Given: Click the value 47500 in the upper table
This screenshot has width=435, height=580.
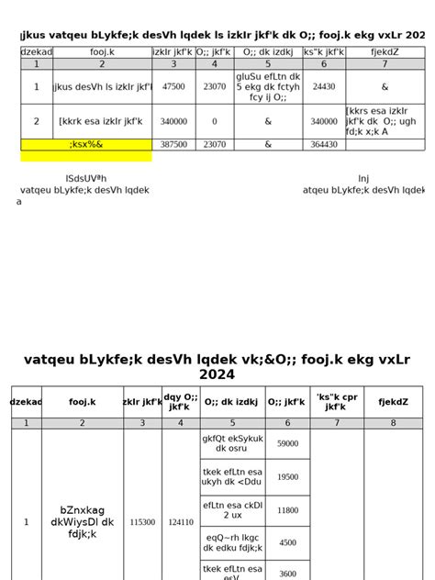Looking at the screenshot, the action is pyautogui.click(x=173, y=87).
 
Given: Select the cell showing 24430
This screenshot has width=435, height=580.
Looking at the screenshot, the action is pyautogui.click(x=323, y=87).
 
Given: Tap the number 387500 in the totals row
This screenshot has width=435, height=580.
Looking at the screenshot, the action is pyautogui.click(x=173, y=145).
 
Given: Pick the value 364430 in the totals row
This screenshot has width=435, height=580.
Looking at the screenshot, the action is pyautogui.click(x=323, y=145).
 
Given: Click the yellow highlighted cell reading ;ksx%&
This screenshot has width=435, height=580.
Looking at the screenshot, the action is pyautogui.click(x=86, y=145).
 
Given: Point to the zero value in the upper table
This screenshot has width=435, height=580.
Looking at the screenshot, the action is pyautogui.click(x=214, y=121).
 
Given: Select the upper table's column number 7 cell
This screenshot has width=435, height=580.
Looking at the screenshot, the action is pyautogui.click(x=385, y=64).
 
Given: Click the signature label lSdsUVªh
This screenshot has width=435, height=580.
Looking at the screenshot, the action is pyautogui.click(x=86, y=179).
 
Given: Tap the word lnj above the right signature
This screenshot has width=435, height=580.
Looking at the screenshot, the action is pyautogui.click(x=364, y=179).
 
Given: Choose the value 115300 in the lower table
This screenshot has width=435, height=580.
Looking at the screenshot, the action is pyautogui.click(x=142, y=521).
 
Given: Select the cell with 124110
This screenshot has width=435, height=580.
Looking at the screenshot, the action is pyautogui.click(x=180, y=521).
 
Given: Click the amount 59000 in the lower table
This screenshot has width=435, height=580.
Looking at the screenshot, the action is pyautogui.click(x=287, y=444).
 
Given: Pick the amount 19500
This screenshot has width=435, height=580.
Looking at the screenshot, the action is pyautogui.click(x=287, y=477).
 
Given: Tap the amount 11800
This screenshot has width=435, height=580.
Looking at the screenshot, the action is pyautogui.click(x=287, y=510).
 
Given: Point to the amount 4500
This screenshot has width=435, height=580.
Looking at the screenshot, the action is pyautogui.click(x=287, y=542).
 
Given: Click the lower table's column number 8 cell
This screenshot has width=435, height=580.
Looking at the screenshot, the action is pyautogui.click(x=393, y=423).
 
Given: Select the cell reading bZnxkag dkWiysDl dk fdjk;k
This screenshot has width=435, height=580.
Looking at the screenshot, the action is pyautogui.click(x=82, y=521).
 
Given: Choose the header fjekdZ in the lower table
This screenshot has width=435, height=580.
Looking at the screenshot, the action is pyautogui.click(x=393, y=402).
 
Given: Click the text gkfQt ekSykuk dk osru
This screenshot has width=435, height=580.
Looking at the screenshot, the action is pyautogui.click(x=232, y=444).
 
